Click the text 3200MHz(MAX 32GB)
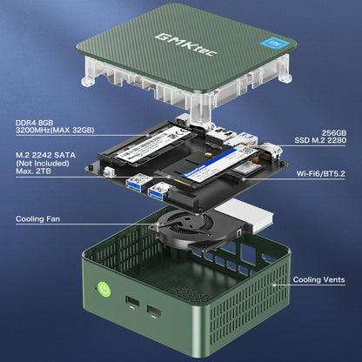53,131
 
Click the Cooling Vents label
318,281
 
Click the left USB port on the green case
131,302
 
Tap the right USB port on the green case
153,311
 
